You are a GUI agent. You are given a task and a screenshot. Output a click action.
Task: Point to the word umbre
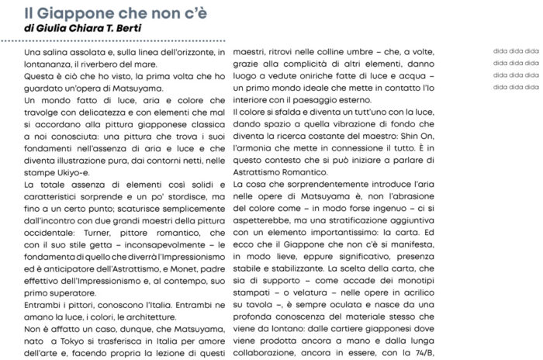tap(372, 52)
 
